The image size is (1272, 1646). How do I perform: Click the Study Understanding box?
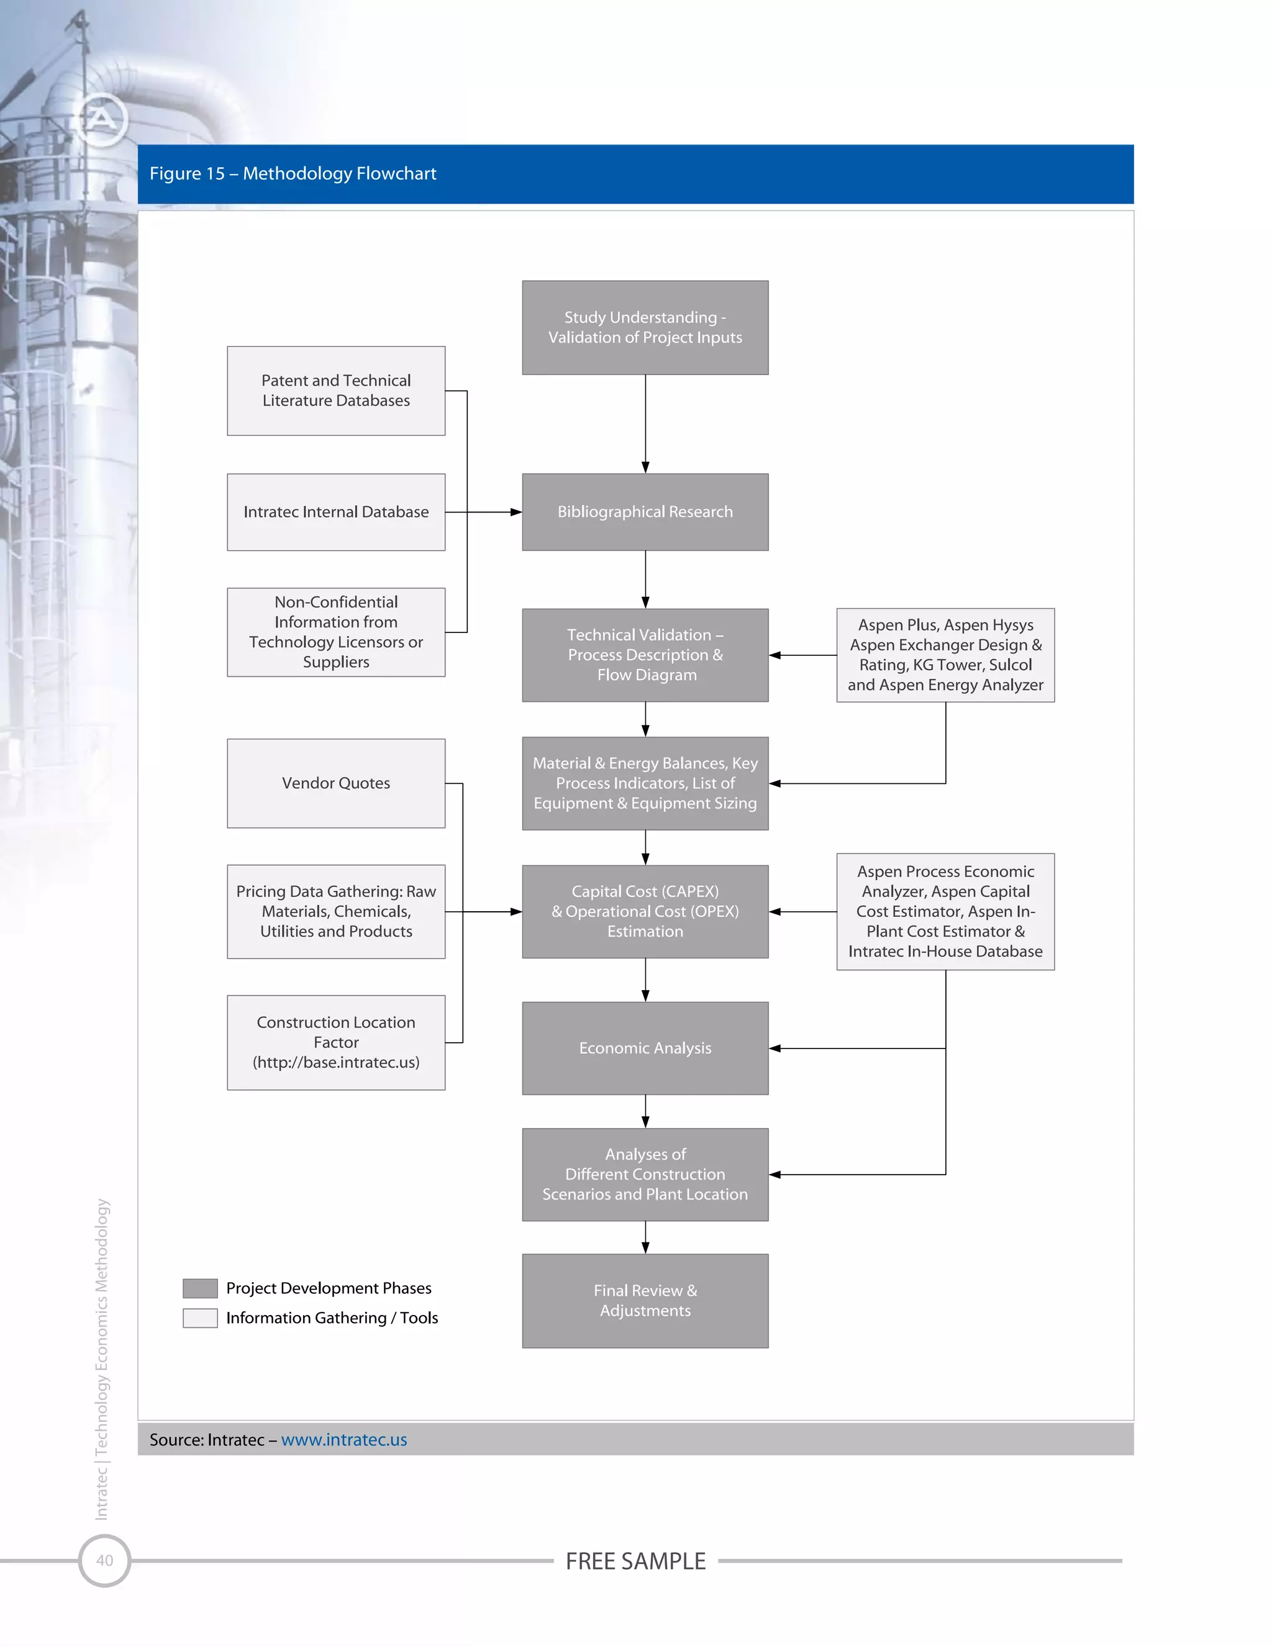645,327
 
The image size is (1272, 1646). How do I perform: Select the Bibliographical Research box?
645,512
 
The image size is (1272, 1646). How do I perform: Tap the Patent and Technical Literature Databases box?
336,391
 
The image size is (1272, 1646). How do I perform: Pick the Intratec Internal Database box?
336,512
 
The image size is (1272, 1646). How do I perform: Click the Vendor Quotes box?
336,783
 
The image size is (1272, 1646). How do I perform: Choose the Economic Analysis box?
645,1048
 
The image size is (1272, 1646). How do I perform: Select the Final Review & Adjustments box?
645,1300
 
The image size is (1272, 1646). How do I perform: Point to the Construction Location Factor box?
336,1042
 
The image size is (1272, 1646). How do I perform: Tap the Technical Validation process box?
645,655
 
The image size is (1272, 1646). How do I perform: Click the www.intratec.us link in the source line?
343,1440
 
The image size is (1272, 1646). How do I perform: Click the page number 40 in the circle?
105,1560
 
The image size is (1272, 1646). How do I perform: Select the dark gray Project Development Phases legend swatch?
200,1288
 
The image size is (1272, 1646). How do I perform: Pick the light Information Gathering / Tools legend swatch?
200,1317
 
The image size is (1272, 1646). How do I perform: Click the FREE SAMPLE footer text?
635,1561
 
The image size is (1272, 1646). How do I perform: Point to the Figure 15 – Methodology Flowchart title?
293,173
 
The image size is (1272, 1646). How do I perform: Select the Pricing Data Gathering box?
336,911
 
